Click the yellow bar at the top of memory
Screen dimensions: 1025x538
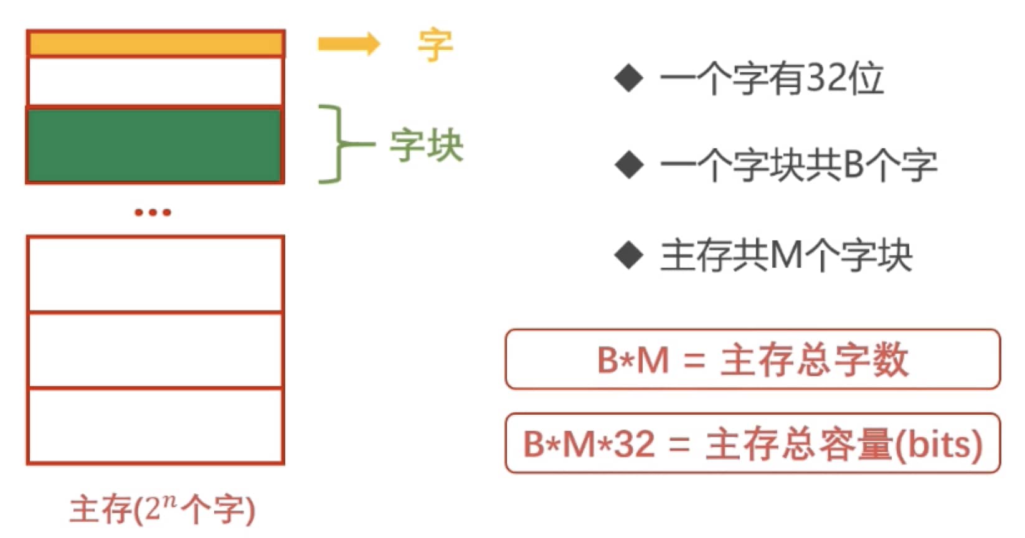tap(156, 44)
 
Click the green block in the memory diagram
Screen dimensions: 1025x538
tap(155, 146)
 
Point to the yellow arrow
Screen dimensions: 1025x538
tap(349, 44)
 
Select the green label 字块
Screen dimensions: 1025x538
tap(427, 145)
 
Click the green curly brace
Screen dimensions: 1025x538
tap(339, 144)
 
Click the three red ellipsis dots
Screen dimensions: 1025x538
tap(153, 212)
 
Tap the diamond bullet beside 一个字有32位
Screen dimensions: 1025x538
tap(629, 78)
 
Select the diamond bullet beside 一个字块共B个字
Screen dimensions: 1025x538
tap(630, 164)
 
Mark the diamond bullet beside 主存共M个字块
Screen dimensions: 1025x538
tap(629, 255)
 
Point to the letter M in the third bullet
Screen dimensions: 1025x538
tap(786, 255)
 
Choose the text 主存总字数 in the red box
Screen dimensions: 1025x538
tap(815, 360)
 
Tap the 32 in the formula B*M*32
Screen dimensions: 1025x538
tap(634, 444)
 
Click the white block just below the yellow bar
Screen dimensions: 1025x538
tap(155, 82)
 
